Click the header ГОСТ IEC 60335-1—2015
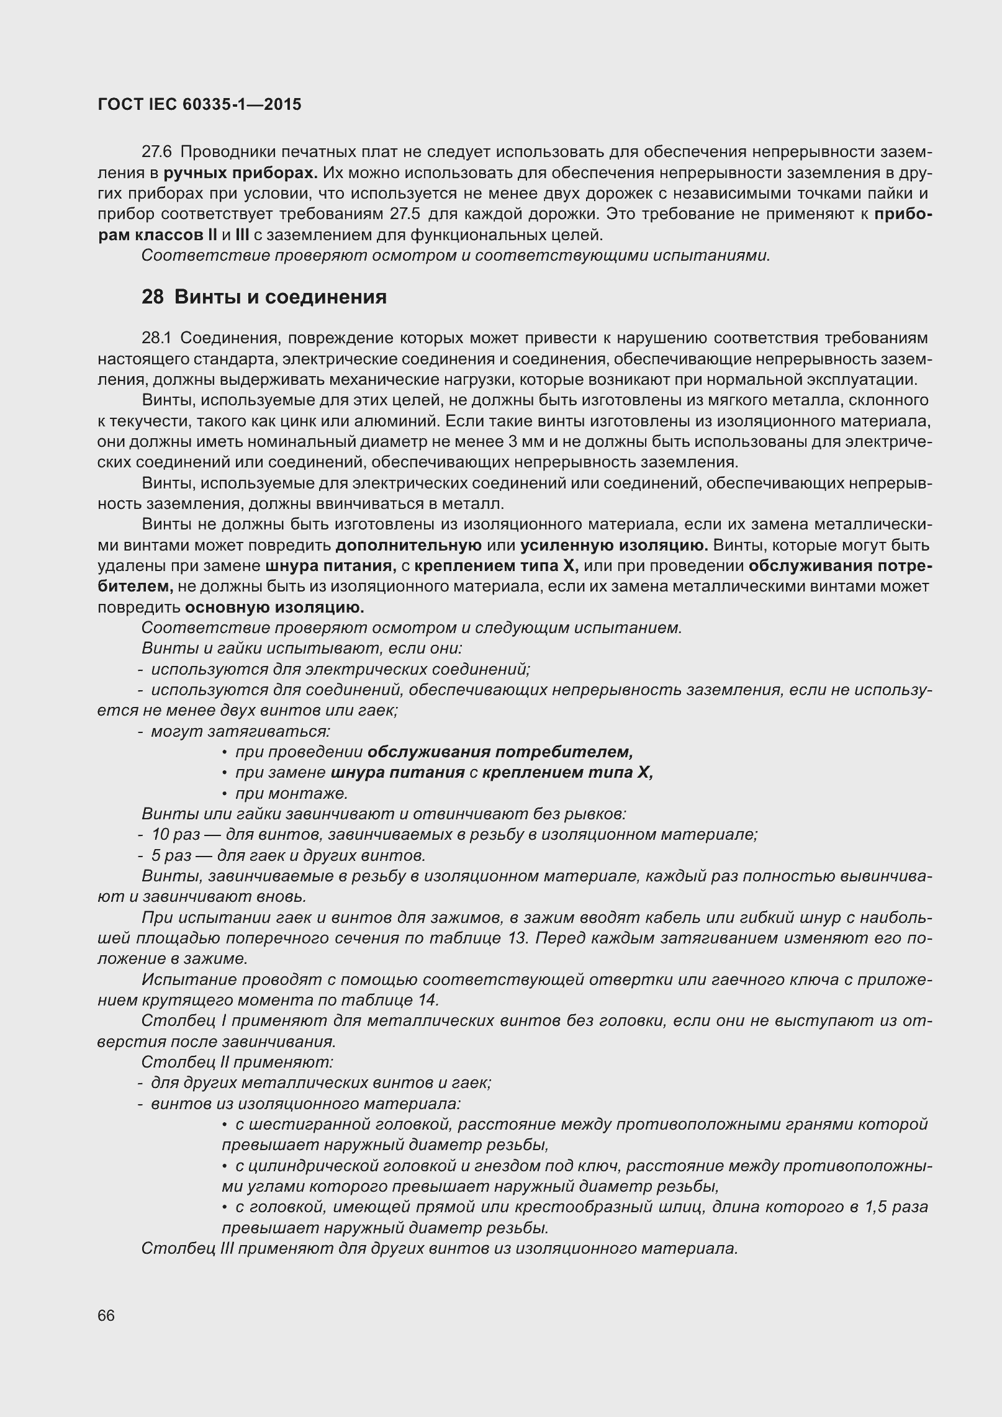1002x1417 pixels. point(199,104)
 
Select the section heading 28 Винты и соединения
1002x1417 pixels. point(264,297)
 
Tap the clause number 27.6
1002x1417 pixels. point(157,152)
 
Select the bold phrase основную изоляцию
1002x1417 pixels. point(274,607)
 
